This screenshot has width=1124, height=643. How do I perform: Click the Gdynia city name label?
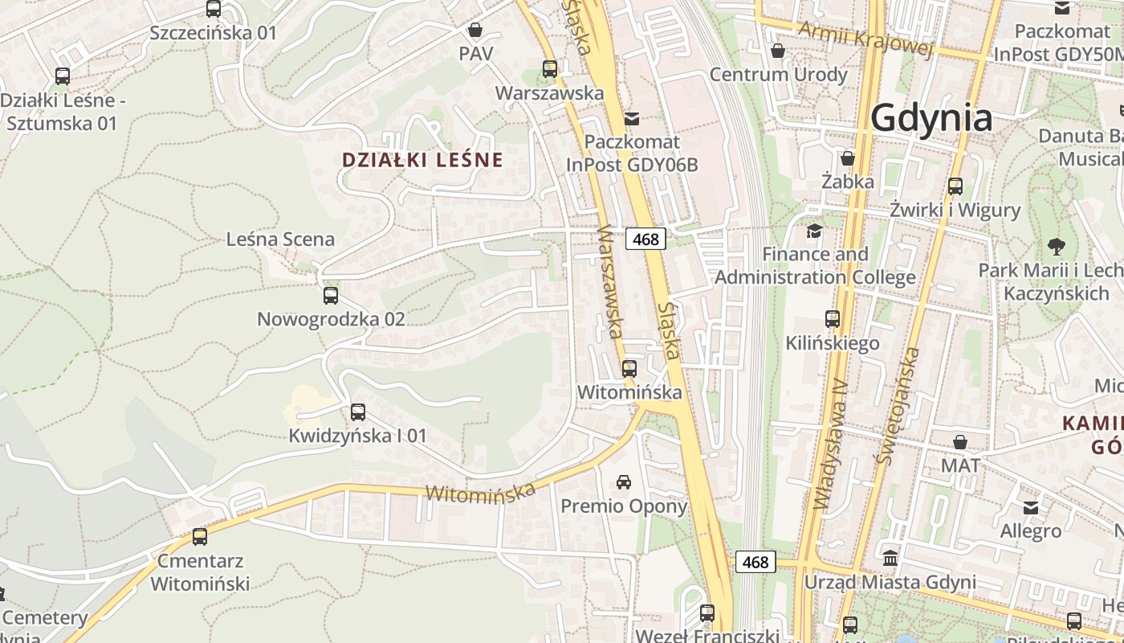coord(931,117)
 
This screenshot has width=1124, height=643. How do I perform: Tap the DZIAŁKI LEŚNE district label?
coord(422,159)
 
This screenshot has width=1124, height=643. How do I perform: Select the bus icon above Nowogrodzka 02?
coord(331,296)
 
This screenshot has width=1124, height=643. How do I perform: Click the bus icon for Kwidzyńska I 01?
coord(358,412)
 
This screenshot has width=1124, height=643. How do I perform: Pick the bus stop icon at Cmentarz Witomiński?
coord(200,536)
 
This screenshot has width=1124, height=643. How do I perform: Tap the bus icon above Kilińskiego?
coord(833,319)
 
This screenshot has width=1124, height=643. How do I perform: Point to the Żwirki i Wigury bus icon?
coord(955,186)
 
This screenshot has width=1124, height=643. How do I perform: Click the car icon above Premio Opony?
coord(624,482)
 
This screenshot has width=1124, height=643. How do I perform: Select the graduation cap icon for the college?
coord(815,231)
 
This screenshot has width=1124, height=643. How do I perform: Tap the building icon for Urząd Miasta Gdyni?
coord(890,558)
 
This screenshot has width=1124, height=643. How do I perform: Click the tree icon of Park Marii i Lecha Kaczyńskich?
coord(1056,246)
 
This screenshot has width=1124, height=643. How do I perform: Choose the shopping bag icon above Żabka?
coord(848,158)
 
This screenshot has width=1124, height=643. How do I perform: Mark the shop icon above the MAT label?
coord(960,441)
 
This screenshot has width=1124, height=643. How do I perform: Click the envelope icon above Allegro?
coord(1031,507)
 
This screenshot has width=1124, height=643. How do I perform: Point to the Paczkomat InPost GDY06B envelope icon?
coord(632,118)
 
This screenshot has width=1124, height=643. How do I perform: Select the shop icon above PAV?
coord(475,31)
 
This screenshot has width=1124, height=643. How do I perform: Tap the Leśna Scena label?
coord(280,239)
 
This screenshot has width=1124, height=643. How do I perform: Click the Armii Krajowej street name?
coord(865,39)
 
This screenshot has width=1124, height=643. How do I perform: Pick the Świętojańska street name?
coord(898,407)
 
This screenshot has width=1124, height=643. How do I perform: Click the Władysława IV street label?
coord(830,444)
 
